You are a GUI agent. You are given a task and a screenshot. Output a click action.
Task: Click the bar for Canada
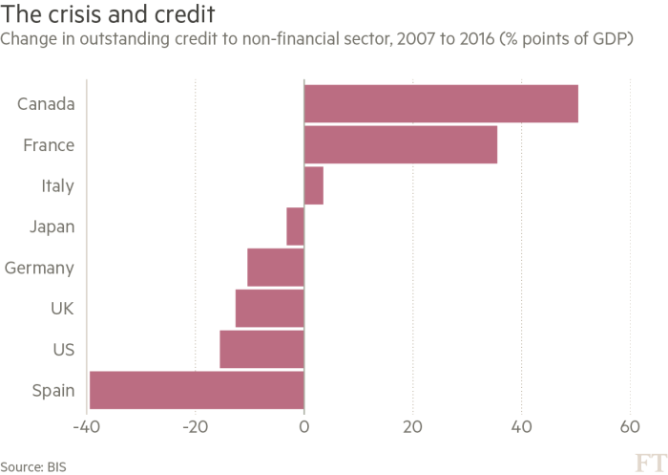click(x=441, y=103)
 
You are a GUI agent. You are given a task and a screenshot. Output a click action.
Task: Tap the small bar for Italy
click(x=313, y=185)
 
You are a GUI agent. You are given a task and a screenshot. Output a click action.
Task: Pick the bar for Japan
click(x=295, y=227)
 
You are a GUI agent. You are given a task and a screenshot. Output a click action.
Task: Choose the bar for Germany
click(x=275, y=268)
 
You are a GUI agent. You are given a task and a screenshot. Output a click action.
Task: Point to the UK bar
click(x=269, y=309)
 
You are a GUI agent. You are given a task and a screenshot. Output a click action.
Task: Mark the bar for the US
click(x=261, y=350)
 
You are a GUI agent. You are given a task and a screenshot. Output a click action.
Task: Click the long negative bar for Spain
click(x=196, y=391)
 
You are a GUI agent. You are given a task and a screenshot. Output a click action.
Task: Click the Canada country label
click(x=46, y=103)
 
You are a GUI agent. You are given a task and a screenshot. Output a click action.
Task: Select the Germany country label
click(x=39, y=269)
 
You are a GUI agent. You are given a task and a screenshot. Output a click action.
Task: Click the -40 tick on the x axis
click(x=86, y=425)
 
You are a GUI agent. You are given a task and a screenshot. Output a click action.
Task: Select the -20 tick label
click(x=195, y=425)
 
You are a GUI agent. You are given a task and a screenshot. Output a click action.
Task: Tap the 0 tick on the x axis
click(x=303, y=425)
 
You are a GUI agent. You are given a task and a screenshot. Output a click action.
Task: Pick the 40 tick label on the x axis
click(x=521, y=425)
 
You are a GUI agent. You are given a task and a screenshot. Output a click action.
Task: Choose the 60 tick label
click(x=630, y=425)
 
